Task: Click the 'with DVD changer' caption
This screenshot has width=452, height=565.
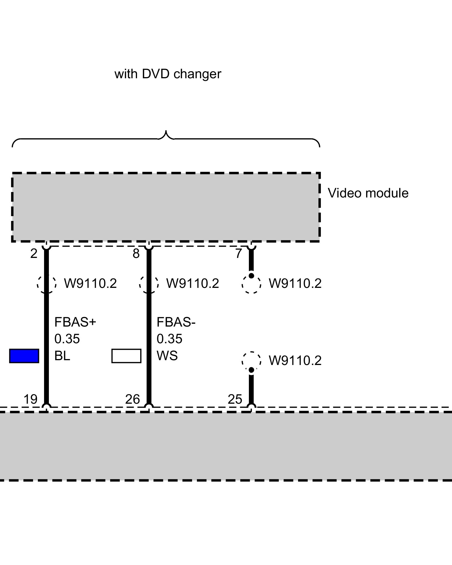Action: click(168, 74)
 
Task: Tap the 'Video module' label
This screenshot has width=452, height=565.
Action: click(368, 193)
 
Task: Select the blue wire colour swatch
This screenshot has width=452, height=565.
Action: click(24, 356)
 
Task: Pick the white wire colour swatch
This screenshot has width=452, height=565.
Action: click(126, 356)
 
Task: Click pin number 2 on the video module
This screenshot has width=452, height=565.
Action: click(34, 254)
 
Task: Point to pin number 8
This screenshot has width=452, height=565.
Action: click(136, 254)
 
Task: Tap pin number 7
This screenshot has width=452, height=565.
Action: click(238, 254)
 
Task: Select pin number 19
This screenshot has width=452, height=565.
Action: click(30, 399)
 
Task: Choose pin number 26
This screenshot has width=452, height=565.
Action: click(132, 399)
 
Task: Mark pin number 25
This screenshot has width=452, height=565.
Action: click(235, 399)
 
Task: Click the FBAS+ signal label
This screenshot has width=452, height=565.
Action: click(75, 322)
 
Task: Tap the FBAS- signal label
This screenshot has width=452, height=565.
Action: click(176, 322)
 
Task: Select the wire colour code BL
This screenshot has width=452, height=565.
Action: click(62, 356)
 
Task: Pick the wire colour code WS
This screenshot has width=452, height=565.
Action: click(167, 356)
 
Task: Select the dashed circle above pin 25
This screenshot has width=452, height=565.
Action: click(251, 361)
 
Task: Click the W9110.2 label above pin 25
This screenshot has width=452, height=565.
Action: click(295, 361)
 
